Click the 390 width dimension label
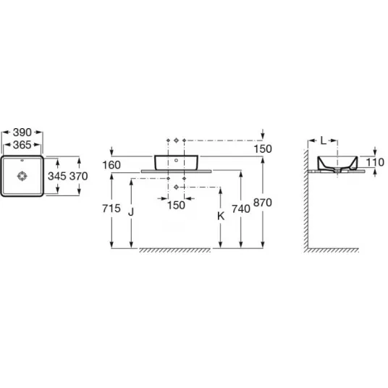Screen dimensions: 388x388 click(22, 132)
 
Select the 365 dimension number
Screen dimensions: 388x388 click(22, 145)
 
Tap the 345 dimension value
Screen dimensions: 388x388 click(57, 176)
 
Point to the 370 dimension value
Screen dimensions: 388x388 click(79, 176)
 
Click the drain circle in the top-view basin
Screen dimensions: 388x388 click(22, 176)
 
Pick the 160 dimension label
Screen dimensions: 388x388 click(111, 165)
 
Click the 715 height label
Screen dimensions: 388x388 click(111, 208)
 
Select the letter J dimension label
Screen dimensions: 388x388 click(131, 212)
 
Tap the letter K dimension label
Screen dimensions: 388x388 click(221, 216)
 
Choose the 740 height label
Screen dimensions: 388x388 click(241, 209)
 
